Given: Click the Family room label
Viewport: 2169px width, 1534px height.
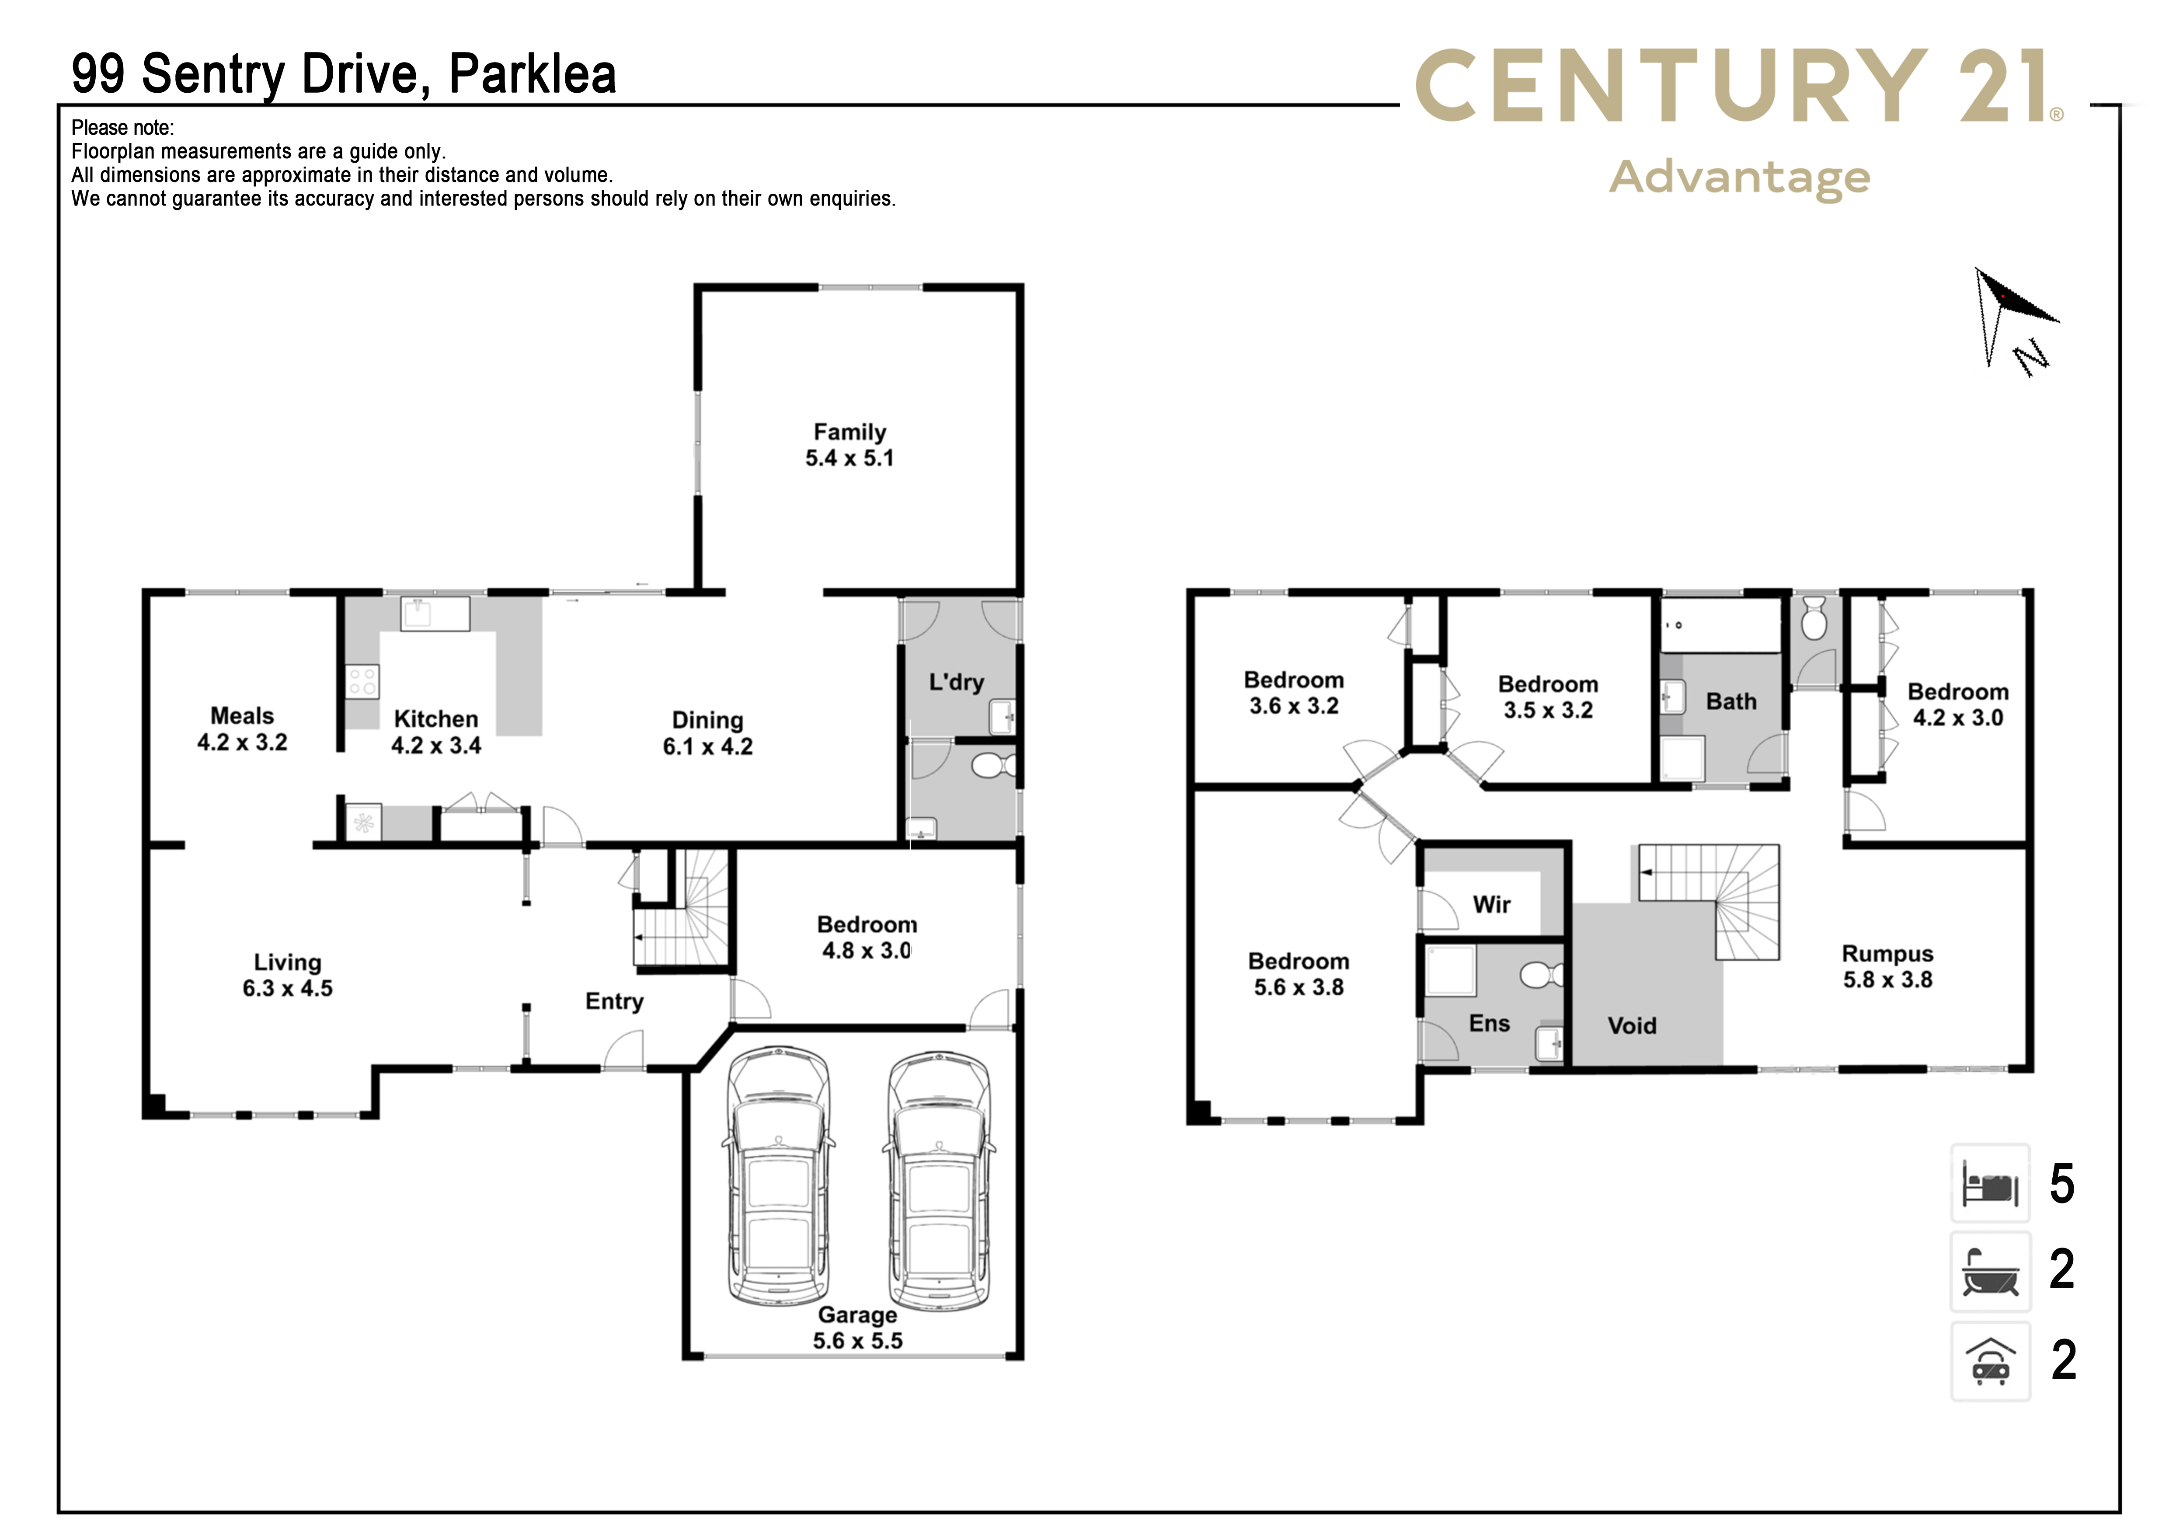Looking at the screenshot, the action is pyautogui.click(x=849, y=445).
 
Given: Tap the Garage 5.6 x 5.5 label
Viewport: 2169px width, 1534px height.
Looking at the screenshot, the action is pyautogui.click(x=858, y=1328).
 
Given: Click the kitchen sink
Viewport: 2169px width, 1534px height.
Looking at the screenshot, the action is pyautogui.click(x=435, y=614).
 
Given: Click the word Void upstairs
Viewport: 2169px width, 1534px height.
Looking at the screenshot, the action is pyautogui.click(x=1632, y=1026).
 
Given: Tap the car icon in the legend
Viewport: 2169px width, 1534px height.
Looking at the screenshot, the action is pyautogui.click(x=1991, y=1361).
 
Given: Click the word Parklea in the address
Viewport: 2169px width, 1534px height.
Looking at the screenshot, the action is pyautogui.click(x=532, y=73).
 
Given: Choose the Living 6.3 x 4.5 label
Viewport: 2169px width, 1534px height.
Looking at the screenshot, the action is pyautogui.click(x=287, y=975).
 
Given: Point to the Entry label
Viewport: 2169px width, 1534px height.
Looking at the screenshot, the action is pyautogui.click(x=614, y=1002).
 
